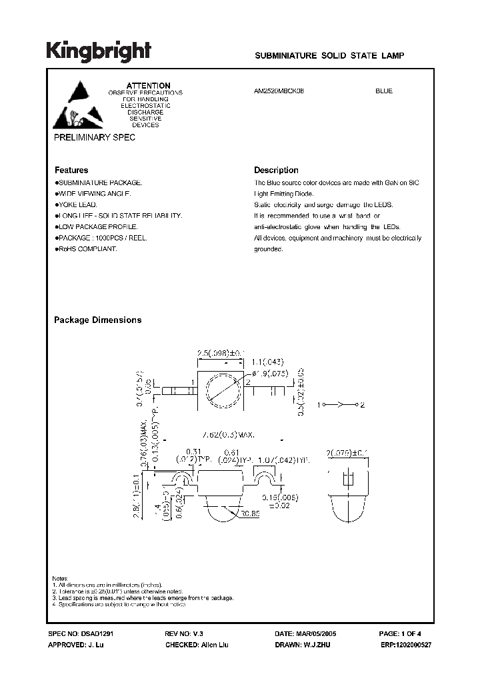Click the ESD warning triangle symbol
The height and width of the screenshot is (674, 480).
tap(71, 105)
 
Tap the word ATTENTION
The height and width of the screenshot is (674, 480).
tap(149, 86)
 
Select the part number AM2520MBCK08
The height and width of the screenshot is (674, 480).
tap(279, 91)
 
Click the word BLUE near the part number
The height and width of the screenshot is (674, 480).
tap(384, 91)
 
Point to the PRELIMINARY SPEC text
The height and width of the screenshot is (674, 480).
tap(95, 137)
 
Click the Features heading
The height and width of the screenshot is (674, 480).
tap(71, 170)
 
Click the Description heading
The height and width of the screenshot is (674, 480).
tap(276, 170)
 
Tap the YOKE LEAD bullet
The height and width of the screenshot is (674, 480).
tap(79, 204)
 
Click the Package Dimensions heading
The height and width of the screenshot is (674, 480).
tap(97, 320)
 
